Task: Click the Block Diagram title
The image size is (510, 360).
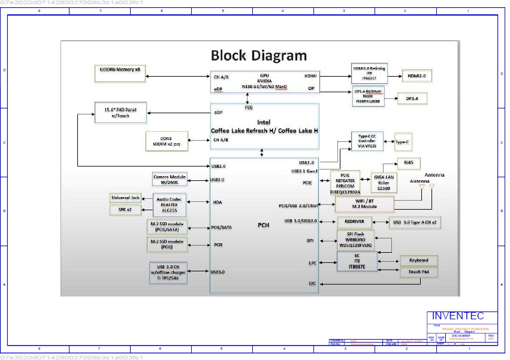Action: click(x=258, y=56)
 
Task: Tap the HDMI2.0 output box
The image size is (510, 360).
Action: click(x=417, y=75)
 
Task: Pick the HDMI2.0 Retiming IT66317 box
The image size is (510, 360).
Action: click(x=369, y=72)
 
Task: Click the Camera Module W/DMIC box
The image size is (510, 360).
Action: click(x=170, y=179)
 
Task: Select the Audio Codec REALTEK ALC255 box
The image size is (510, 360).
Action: click(x=170, y=204)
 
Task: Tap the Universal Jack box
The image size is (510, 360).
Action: click(x=125, y=198)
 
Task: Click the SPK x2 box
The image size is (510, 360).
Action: click(x=125, y=210)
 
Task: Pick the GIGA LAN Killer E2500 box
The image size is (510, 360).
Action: click(x=384, y=181)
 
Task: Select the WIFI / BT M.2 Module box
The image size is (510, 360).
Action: click(x=364, y=204)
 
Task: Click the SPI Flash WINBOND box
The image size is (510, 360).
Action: click(x=355, y=240)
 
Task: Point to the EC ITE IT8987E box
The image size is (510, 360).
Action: click(x=357, y=261)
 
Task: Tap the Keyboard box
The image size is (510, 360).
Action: click(x=419, y=261)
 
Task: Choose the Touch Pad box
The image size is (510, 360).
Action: click(x=419, y=272)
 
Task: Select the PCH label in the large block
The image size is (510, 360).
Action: click(x=264, y=225)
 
